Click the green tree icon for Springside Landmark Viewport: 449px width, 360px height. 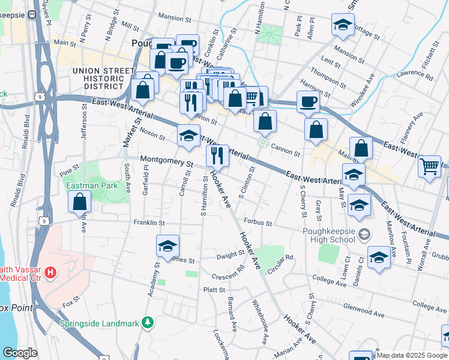pyautogui.click(x=146, y=323)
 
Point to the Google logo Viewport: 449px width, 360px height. pyautogui.click(x=19, y=353)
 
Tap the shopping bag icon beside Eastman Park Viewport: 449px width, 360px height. pyautogui.click(x=79, y=202)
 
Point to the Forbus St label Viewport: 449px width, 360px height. pyautogui.click(x=258, y=223)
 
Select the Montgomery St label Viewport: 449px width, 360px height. pyautogui.click(x=167, y=162)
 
